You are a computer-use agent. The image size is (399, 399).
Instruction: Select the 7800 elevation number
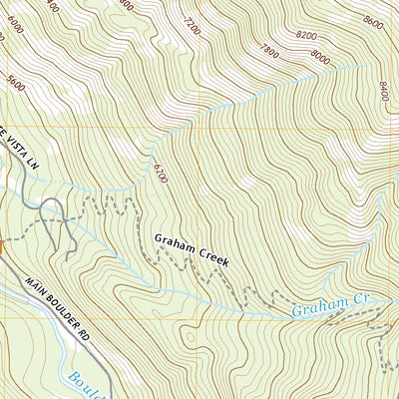[x=268, y=49]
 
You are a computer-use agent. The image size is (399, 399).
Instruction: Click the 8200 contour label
[x=306, y=36]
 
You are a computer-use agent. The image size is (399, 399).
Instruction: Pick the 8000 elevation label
[x=321, y=57]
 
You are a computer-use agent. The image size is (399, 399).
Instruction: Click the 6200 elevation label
[x=158, y=173]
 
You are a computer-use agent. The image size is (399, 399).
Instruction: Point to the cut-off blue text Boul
[x=88, y=384]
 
